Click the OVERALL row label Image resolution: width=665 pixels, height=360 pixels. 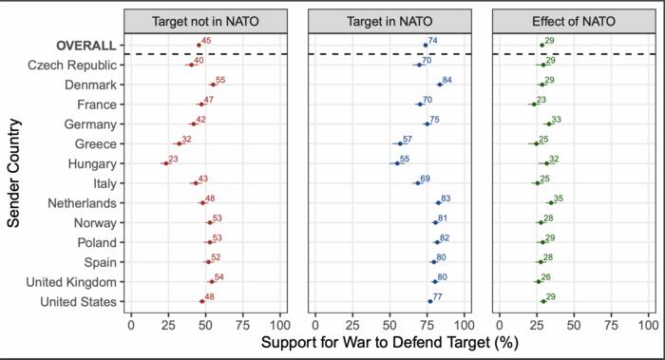click(85, 45)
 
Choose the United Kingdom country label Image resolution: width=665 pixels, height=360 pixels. click(70, 282)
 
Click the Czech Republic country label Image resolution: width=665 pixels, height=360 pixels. click(72, 65)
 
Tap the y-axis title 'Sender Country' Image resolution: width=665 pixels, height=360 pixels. click(16, 173)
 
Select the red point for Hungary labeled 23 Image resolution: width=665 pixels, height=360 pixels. click(165, 163)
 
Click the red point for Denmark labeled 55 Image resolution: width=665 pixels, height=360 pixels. click(213, 85)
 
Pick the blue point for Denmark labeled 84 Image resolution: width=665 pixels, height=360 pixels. click(439, 85)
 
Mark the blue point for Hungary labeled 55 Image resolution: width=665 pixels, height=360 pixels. click(396, 163)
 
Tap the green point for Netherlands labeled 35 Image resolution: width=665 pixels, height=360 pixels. click(551, 202)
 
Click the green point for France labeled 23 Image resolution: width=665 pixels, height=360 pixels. click(534, 104)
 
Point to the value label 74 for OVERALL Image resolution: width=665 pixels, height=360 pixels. click(432, 41)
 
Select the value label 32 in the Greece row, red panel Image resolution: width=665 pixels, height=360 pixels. click(186, 140)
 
